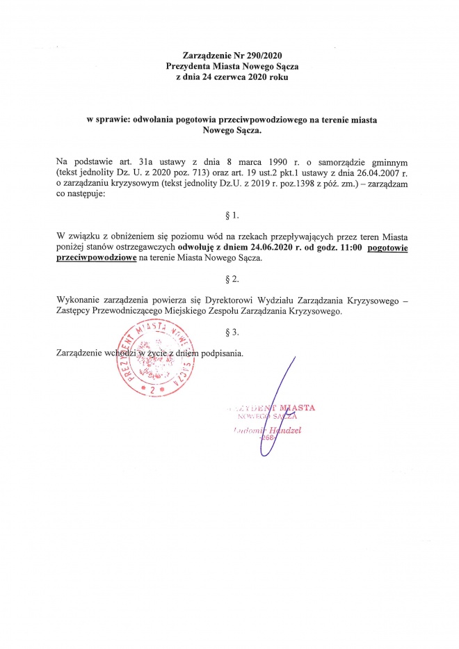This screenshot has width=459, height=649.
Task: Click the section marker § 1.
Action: tap(229, 216)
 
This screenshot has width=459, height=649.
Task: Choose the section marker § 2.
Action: tap(229, 280)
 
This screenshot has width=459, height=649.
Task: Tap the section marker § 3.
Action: tap(229, 332)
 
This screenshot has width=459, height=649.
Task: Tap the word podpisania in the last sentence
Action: tap(222, 353)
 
